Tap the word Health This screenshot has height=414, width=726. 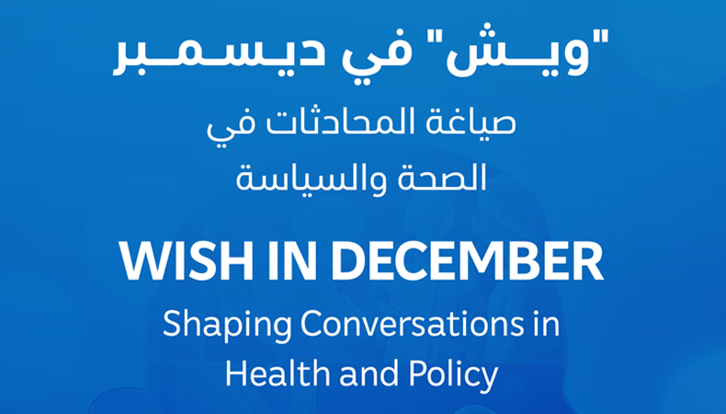tap(273, 374)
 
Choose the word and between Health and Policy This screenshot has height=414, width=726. tap(367, 374)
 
